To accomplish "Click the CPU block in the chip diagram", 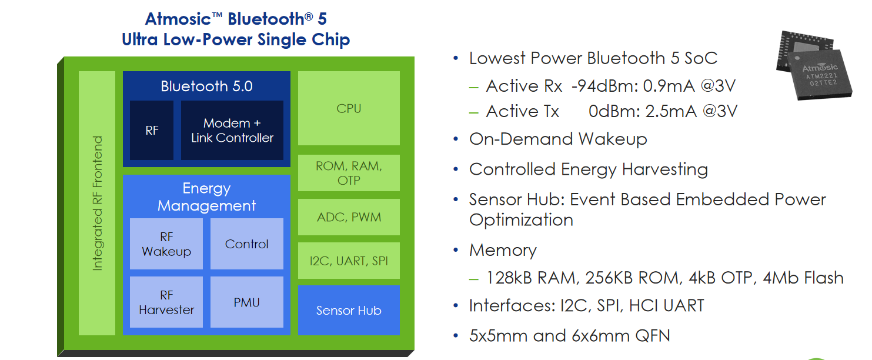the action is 349,108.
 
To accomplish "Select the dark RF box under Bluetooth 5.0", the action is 152,130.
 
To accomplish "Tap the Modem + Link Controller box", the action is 232,130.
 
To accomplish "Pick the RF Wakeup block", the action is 166,244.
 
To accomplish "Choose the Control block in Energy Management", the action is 247,244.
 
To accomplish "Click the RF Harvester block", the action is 166,302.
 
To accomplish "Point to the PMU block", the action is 247,302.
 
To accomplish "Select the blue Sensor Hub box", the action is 349,310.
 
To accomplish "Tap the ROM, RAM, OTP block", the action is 349,173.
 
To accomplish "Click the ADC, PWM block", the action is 349,217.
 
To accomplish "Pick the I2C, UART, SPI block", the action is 349,261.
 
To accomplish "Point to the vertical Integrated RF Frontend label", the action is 98,203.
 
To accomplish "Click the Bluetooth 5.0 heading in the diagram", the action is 207,86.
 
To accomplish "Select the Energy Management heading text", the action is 207,196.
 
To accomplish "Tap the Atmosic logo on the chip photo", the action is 820,68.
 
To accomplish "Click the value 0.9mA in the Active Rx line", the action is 669,86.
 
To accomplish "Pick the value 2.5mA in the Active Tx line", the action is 671,111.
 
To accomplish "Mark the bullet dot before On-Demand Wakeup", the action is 456,139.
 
